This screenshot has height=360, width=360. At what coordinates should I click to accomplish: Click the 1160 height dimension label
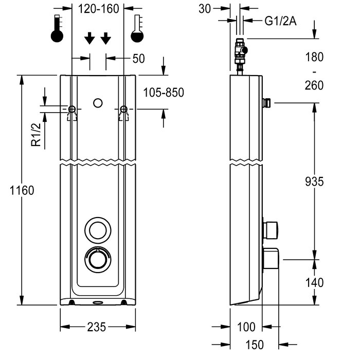click(22, 190)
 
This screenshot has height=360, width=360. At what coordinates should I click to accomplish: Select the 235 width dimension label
click(97, 327)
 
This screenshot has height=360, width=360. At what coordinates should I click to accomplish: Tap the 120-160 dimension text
click(99, 9)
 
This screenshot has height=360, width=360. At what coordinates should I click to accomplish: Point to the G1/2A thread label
click(280, 21)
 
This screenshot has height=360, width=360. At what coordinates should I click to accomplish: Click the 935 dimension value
click(314, 182)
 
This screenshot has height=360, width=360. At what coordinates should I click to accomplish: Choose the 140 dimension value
click(314, 282)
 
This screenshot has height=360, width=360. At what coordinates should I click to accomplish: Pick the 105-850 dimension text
click(164, 93)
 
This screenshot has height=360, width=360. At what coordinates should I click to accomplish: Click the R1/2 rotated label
click(36, 135)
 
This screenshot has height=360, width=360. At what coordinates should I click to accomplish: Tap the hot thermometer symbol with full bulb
click(57, 28)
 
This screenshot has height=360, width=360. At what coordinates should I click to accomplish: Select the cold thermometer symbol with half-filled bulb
click(137, 28)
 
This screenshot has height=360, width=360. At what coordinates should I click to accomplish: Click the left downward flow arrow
click(89, 38)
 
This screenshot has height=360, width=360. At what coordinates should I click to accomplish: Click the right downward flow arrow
click(106, 38)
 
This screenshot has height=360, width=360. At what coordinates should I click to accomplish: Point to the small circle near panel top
click(98, 103)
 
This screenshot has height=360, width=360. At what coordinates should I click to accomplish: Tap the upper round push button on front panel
click(98, 230)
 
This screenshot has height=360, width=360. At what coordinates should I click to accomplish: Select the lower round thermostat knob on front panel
click(98, 259)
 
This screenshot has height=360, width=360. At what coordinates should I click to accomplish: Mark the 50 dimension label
click(139, 59)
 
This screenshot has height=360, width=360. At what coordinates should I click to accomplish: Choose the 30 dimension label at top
click(205, 9)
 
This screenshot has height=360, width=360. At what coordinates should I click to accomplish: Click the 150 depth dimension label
click(255, 345)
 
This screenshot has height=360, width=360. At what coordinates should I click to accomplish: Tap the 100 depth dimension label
click(246, 327)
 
